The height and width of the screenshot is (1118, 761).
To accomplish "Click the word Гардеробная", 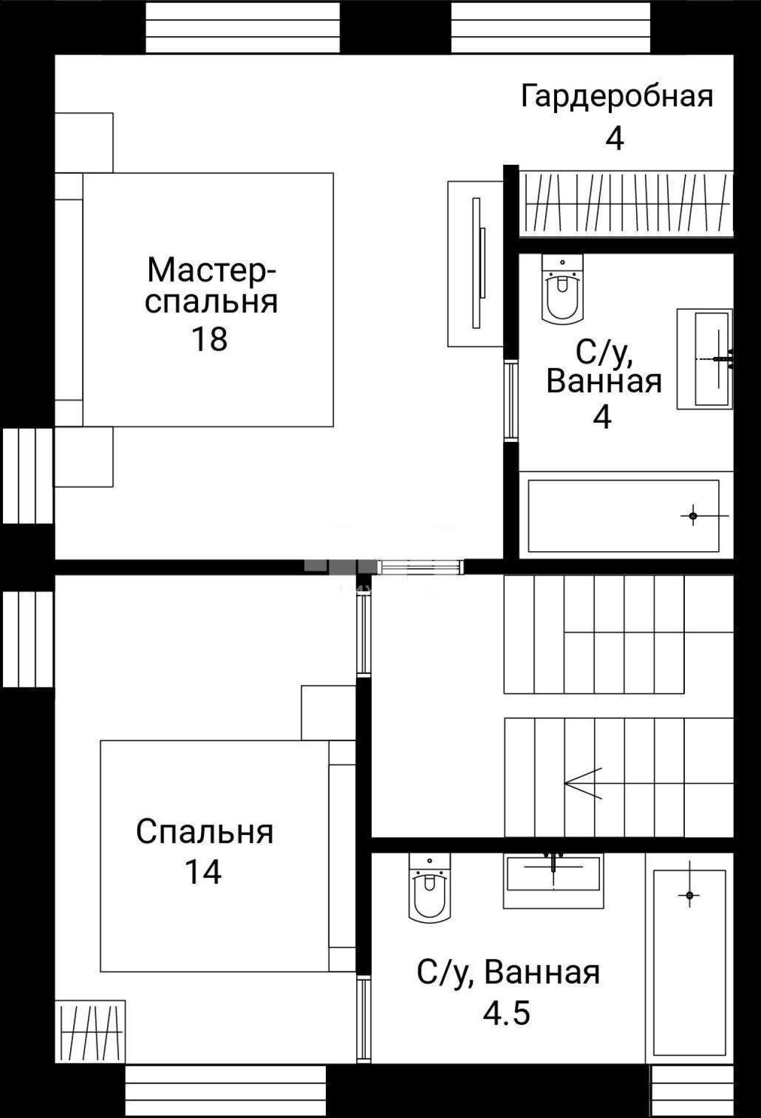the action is [617, 96].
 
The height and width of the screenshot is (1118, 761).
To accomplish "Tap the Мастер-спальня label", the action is [212, 285].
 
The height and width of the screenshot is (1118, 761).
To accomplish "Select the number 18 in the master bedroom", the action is [209, 339].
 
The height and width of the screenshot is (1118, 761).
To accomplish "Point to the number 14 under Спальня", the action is [203, 872].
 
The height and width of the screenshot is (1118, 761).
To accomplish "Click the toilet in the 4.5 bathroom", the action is [430, 887].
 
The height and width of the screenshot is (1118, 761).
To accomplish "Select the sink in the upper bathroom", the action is [705, 359].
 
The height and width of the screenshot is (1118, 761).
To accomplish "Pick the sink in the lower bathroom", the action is [554, 881].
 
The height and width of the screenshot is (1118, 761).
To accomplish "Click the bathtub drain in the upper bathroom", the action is [693, 516].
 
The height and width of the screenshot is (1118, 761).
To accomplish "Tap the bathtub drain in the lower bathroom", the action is [690, 895].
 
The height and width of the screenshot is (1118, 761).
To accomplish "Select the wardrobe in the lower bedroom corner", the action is [90, 1031].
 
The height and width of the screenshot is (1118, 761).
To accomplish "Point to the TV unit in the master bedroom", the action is [476, 263].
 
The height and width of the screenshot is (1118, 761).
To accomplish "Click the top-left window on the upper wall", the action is [243, 27].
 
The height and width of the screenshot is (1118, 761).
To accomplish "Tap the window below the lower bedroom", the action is [226, 1090].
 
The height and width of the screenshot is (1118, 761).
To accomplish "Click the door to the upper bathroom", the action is [511, 401].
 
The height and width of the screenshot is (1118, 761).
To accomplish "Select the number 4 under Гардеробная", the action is [615, 139].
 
